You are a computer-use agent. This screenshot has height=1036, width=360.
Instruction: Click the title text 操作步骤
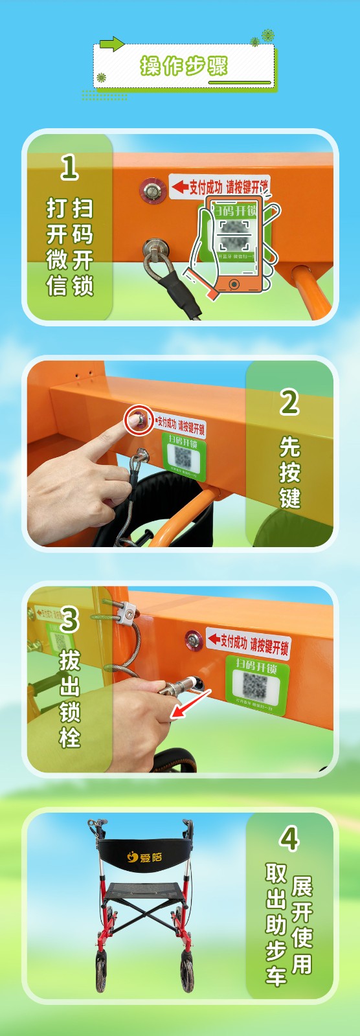click(x=184, y=66)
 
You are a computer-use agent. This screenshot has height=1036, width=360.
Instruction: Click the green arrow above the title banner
click(x=111, y=44)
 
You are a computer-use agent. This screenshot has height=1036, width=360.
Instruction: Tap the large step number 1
click(x=70, y=168)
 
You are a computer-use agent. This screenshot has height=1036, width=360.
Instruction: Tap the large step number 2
click(x=289, y=403)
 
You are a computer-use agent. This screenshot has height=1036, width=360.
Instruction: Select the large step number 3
click(x=70, y=620)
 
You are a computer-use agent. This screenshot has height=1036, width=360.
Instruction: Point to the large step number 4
click(x=289, y=839)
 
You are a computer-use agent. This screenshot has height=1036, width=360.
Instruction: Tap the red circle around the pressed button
click(x=139, y=420)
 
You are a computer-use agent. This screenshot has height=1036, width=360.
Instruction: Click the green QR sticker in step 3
click(x=256, y=681)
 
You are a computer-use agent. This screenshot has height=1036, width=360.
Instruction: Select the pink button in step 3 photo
click(x=194, y=640)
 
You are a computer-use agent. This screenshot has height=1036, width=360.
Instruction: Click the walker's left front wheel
click(x=102, y=971)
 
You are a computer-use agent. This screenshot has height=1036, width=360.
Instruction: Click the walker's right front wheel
click(x=186, y=971)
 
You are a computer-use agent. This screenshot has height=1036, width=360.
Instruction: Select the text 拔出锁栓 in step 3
click(x=70, y=699)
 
